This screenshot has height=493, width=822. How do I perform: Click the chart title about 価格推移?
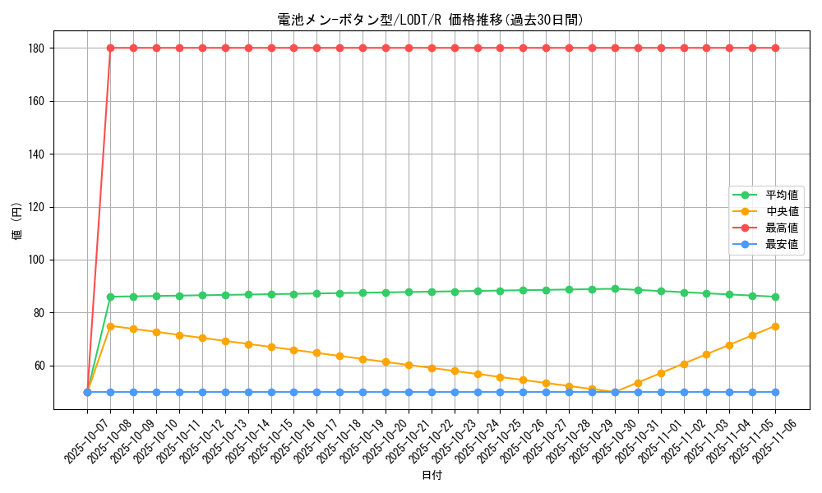click(431, 20)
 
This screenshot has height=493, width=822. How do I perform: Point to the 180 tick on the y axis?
click(38, 48)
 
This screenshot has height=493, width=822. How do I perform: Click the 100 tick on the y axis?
click(38, 260)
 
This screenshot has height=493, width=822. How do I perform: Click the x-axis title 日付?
click(432, 476)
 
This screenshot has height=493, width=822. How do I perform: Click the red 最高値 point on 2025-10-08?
click(110, 48)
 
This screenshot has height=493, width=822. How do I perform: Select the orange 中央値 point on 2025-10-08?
click(110, 326)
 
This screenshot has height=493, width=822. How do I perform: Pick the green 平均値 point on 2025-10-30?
click(615, 288)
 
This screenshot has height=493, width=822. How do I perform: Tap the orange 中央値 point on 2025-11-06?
click(775, 326)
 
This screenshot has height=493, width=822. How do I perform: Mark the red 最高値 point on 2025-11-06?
click(775, 48)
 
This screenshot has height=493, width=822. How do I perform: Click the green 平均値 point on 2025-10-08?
click(110, 297)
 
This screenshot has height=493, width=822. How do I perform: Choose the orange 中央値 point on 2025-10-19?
click(363, 359)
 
